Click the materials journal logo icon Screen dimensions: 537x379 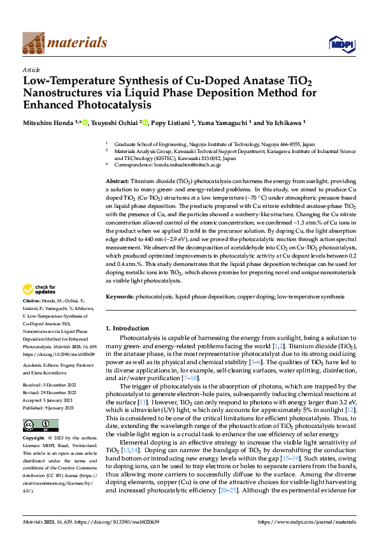pyautogui.click(x=34, y=43)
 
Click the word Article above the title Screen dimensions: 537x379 pyautogui.click(x=31, y=70)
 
